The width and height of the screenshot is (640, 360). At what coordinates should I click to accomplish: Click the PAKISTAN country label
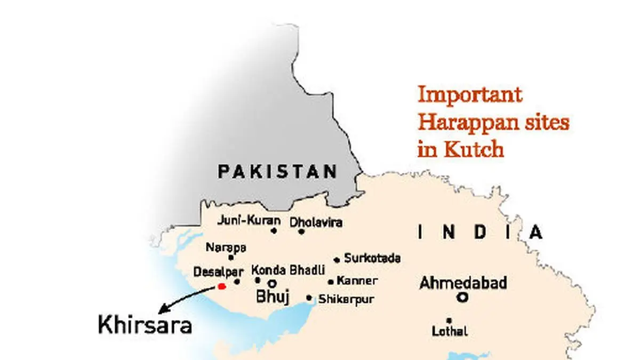[x=277, y=172]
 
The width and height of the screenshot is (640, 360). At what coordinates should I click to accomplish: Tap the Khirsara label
[x=145, y=325]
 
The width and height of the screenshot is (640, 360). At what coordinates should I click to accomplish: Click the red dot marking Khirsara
[x=222, y=286]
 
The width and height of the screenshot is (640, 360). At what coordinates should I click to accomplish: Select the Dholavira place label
[x=315, y=222]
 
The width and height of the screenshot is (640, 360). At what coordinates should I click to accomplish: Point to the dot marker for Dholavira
[x=301, y=231]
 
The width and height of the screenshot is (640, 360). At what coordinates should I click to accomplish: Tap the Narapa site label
[x=226, y=247]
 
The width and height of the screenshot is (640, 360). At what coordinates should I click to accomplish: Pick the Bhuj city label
[x=273, y=297]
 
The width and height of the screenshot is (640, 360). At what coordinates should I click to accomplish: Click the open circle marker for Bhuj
[x=272, y=283]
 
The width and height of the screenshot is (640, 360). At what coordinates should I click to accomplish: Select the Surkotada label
[x=372, y=259]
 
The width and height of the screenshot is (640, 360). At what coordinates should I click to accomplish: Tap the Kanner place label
[x=357, y=281]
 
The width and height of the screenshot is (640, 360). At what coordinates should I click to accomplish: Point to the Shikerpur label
[x=346, y=299]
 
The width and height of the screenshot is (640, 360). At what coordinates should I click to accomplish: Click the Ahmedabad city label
[x=463, y=283]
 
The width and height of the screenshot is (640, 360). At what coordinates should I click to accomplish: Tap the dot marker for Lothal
[x=449, y=320]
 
